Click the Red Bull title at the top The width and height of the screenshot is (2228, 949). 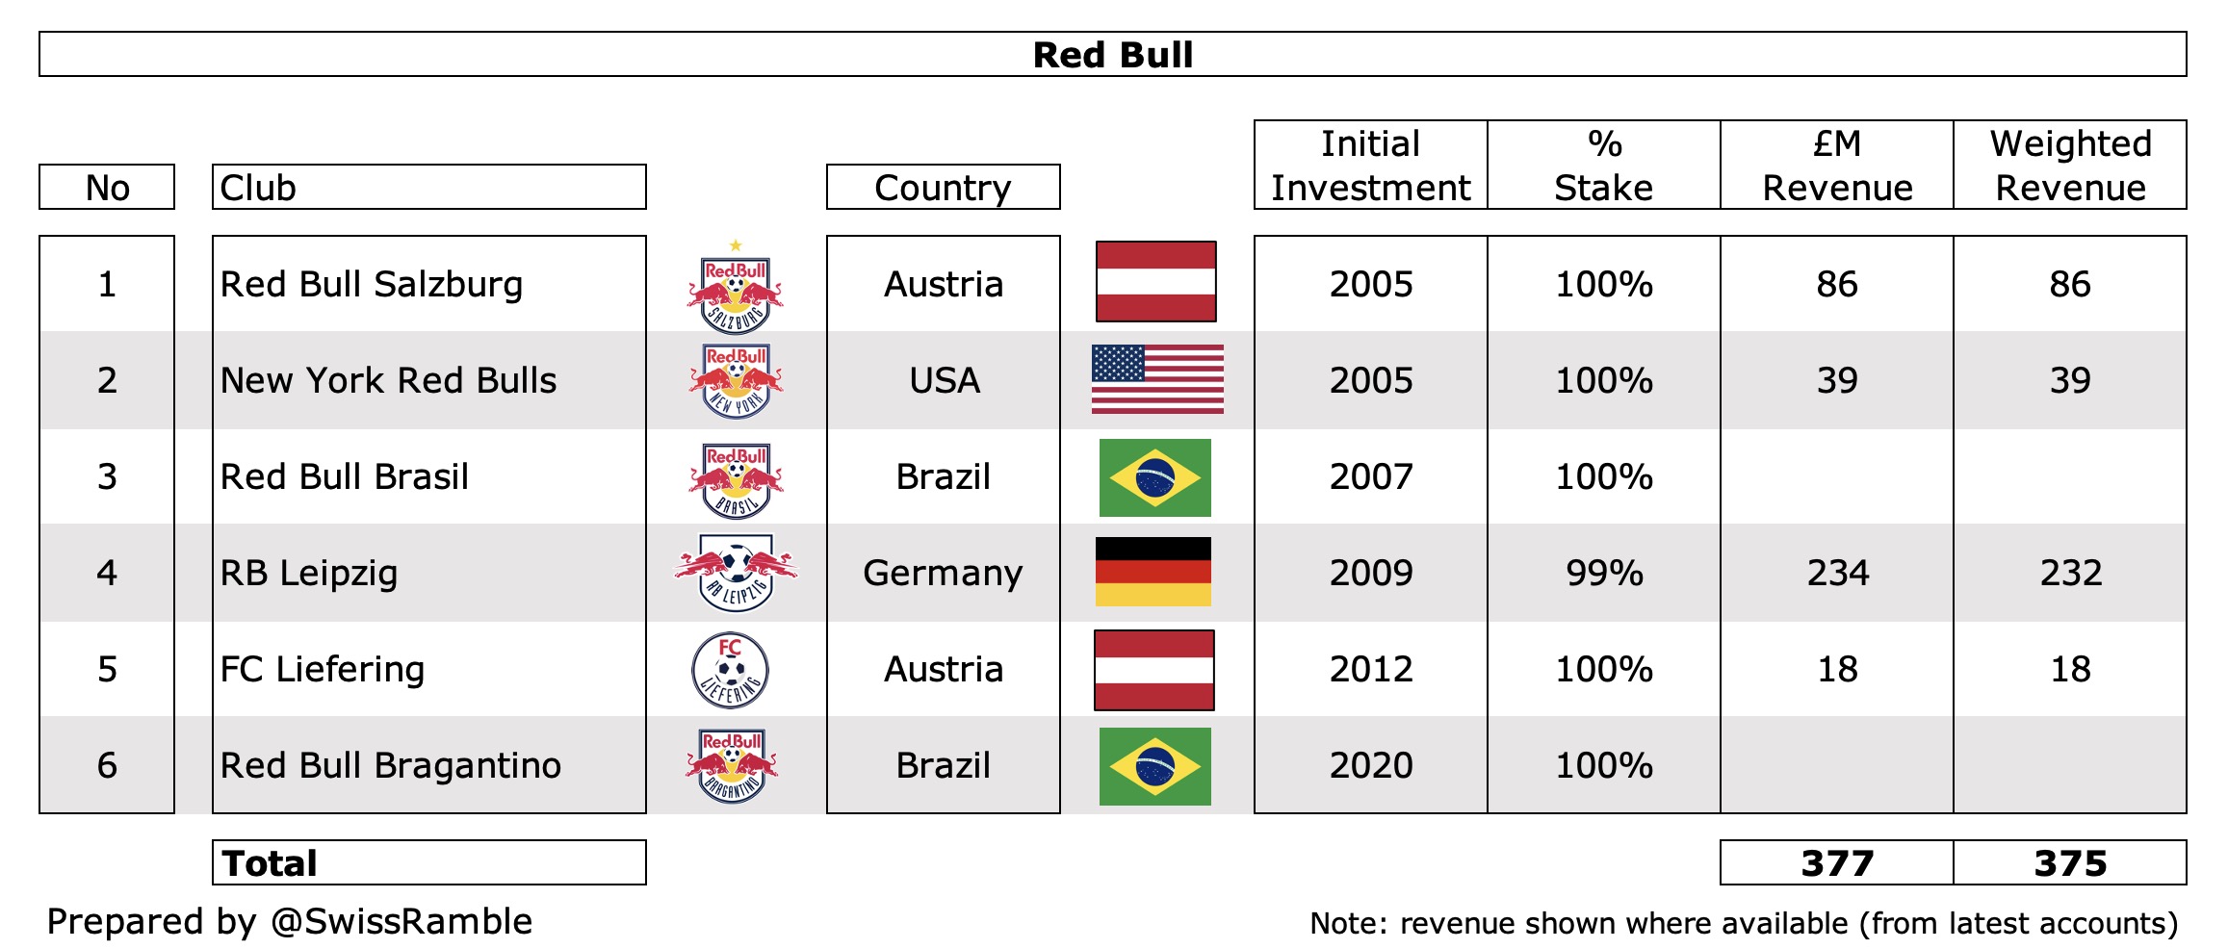point(1112,55)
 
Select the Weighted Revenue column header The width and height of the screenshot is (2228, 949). point(2070,165)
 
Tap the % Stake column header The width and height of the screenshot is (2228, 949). point(1604,165)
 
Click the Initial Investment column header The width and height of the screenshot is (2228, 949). point(1370,165)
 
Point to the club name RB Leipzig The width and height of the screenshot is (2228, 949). point(309,573)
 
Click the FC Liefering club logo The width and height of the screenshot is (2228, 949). point(731,670)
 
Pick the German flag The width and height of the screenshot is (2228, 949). point(1153,572)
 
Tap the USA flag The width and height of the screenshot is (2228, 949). point(1157,379)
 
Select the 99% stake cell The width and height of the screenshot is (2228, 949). point(1604,573)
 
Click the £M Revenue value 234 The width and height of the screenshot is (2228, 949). point(1837,573)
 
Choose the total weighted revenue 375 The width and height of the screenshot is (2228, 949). point(2070,863)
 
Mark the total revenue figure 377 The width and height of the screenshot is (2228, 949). point(1837,863)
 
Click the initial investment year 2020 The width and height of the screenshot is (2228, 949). point(1370,765)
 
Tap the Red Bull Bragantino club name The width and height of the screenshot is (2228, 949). point(390,765)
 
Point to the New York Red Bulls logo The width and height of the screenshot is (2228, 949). point(736,381)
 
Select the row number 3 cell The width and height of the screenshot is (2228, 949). point(107,476)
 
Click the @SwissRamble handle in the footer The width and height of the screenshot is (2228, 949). point(402,922)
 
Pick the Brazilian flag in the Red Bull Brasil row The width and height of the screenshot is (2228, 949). point(1155,477)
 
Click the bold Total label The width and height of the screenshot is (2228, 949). point(270,863)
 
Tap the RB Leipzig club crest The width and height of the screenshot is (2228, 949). point(736,572)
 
